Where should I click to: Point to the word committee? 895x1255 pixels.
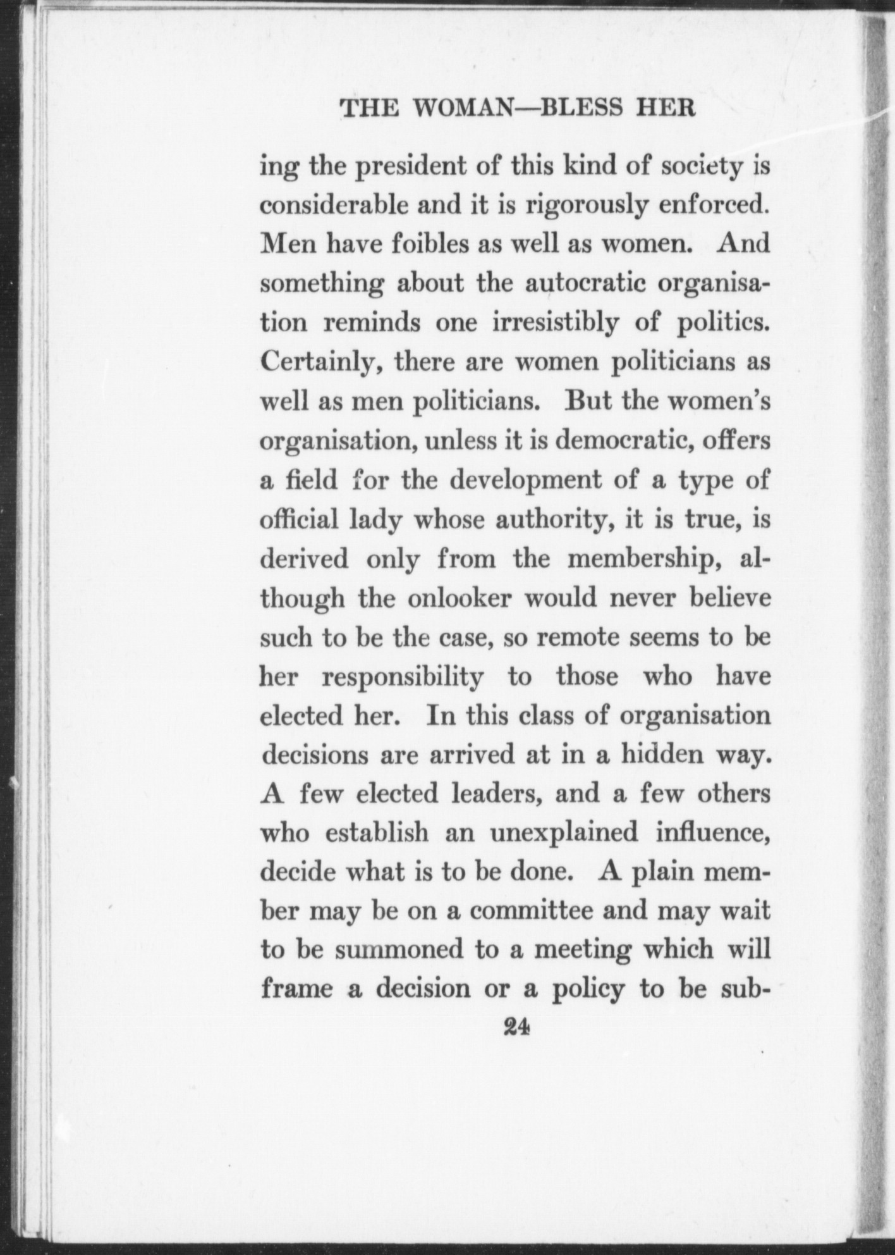pyautogui.click(x=532, y=911)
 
